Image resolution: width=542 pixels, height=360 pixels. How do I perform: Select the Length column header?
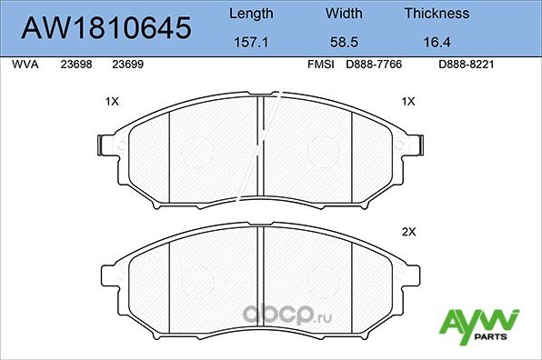click(x=249, y=14)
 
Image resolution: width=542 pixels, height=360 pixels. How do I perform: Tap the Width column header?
click(x=343, y=14)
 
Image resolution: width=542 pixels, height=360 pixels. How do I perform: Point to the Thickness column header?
click(x=437, y=14)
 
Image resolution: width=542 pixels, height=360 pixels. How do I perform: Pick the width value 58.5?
click(x=343, y=42)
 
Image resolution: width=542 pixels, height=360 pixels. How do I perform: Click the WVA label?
click(x=24, y=65)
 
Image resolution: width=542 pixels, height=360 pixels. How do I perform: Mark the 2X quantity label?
click(x=408, y=232)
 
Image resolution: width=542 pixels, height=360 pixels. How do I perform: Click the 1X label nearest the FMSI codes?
click(x=408, y=102)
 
